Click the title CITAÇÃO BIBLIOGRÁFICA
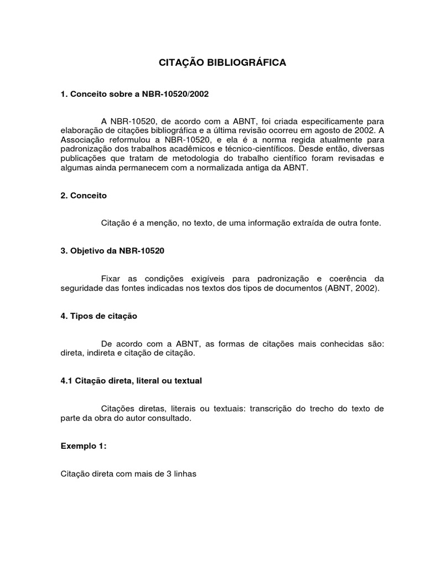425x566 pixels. click(x=222, y=63)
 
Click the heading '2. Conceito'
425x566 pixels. click(x=84, y=196)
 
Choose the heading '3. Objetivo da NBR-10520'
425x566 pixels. click(x=113, y=250)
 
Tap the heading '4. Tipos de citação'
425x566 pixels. click(x=99, y=316)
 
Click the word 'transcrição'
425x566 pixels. click(x=274, y=408)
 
